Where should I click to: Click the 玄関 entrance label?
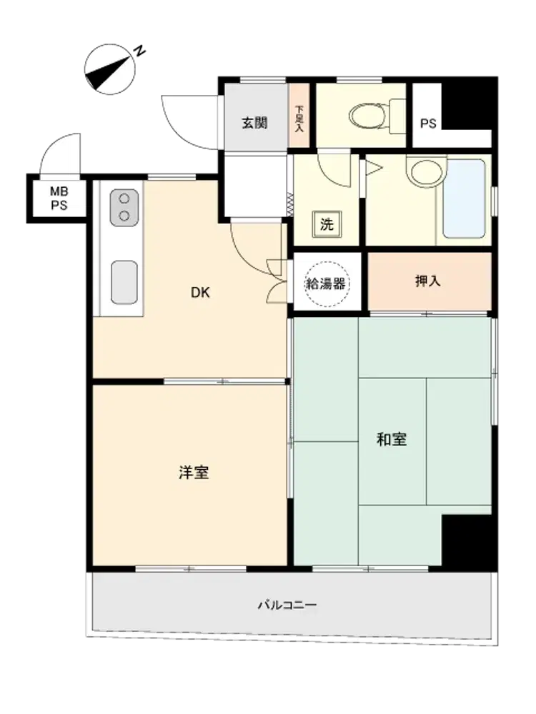click(x=254, y=123)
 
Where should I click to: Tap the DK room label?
click(x=201, y=292)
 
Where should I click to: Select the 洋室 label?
click(x=194, y=472)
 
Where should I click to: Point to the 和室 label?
click(x=392, y=439)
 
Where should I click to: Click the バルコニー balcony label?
click(x=287, y=605)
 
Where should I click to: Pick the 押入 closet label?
click(x=428, y=281)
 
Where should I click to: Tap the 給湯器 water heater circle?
click(x=326, y=284)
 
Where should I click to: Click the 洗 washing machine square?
click(x=327, y=224)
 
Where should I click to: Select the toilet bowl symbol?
click(x=367, y=116)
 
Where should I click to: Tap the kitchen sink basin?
click(x=124, y=282)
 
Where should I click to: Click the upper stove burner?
click(x=124, y=198)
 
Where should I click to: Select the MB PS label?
click(x=59, y=198)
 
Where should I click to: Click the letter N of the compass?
click(x=140, y=51)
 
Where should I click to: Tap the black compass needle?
click(x=106, y=73)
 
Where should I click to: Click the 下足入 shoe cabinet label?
click(x=299, y=119)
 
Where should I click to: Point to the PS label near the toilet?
click(x=428, y=124)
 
